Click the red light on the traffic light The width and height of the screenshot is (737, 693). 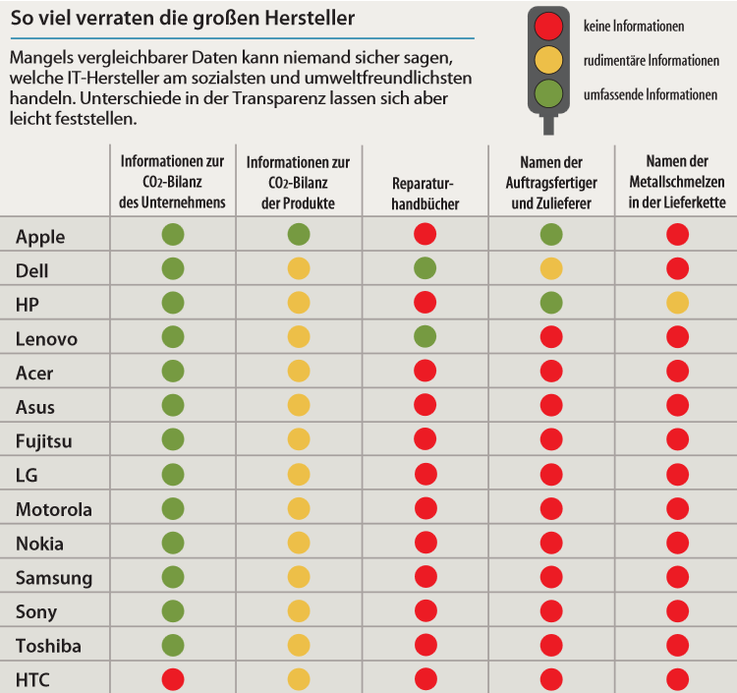tap(548, 27)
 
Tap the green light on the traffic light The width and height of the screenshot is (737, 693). tap(548, 93)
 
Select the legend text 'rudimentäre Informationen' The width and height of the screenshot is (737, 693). tap(651, 61)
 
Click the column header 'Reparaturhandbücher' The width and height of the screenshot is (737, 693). tap(425, 194)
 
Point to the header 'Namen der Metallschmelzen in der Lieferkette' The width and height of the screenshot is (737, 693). tap(677, 182)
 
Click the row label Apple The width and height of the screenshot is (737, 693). tap(40, 238)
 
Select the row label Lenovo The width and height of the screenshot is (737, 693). tap(46, 338)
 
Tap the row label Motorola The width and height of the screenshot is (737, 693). tap(54, 509)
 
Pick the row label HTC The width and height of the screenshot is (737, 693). tap(32, 680)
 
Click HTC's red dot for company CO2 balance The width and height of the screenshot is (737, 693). tap(173, 679)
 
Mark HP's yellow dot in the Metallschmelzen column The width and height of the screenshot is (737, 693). tap(677, 303)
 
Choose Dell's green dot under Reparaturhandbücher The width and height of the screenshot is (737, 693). tap(425, 268)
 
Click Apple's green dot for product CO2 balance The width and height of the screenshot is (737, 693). tap(299, 234)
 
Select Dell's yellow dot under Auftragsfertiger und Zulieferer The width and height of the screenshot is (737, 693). tap(551, 268)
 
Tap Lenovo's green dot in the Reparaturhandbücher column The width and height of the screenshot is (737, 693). tap(425, 336)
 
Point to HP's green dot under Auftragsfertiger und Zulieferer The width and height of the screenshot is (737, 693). tap(551, 303)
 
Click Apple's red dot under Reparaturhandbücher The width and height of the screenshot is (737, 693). tap(425, 234)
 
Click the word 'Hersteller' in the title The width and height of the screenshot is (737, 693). tap(310, 18)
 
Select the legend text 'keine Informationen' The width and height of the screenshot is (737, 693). tap(634, 27)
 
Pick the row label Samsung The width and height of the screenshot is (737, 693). tap(54, 578)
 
